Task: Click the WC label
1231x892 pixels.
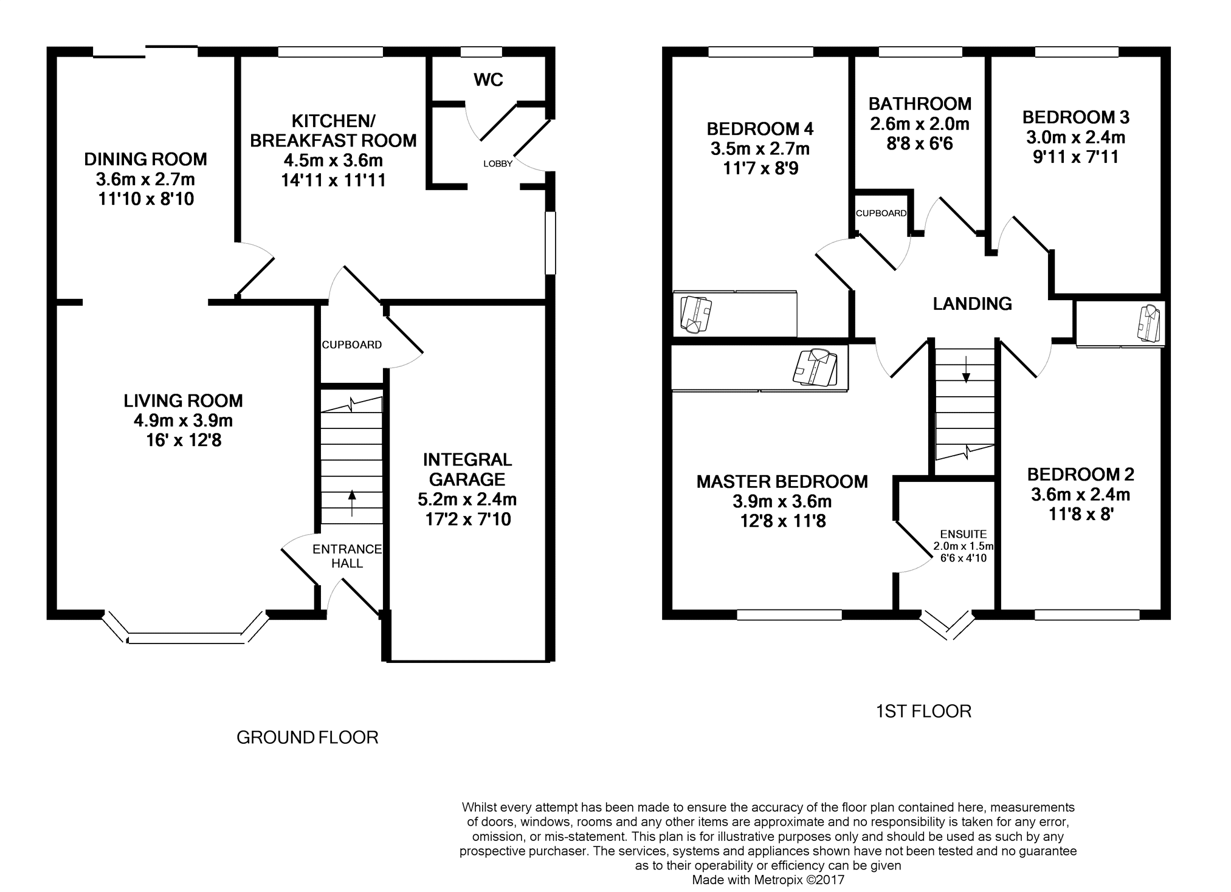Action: click(488, 80)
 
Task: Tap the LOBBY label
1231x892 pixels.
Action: click(498, 163)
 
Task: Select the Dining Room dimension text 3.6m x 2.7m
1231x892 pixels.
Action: click(145, 179)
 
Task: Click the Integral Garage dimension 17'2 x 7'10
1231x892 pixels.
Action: click(467, 520)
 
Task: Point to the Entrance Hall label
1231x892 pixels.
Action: click(347, 556)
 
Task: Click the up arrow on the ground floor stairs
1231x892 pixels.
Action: click(351, 503)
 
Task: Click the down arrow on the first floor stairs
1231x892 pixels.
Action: click(966, 369)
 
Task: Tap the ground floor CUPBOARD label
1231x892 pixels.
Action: click(352, 345)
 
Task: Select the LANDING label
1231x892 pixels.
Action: click(972, 303)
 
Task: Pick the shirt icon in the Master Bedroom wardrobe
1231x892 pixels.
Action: click(815, 367)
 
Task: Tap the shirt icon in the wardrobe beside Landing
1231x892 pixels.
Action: click(1149, 323)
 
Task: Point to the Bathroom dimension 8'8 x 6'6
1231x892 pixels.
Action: click(920, 143)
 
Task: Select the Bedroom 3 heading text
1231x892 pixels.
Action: click(1076, 117)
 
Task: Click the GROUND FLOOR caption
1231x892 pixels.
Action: click(307, 737)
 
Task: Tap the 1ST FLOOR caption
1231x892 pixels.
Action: click(923, 711)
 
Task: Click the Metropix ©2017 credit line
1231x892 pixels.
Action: click(768, 879)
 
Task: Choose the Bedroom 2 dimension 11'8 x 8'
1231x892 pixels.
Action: click(1081, 515)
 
